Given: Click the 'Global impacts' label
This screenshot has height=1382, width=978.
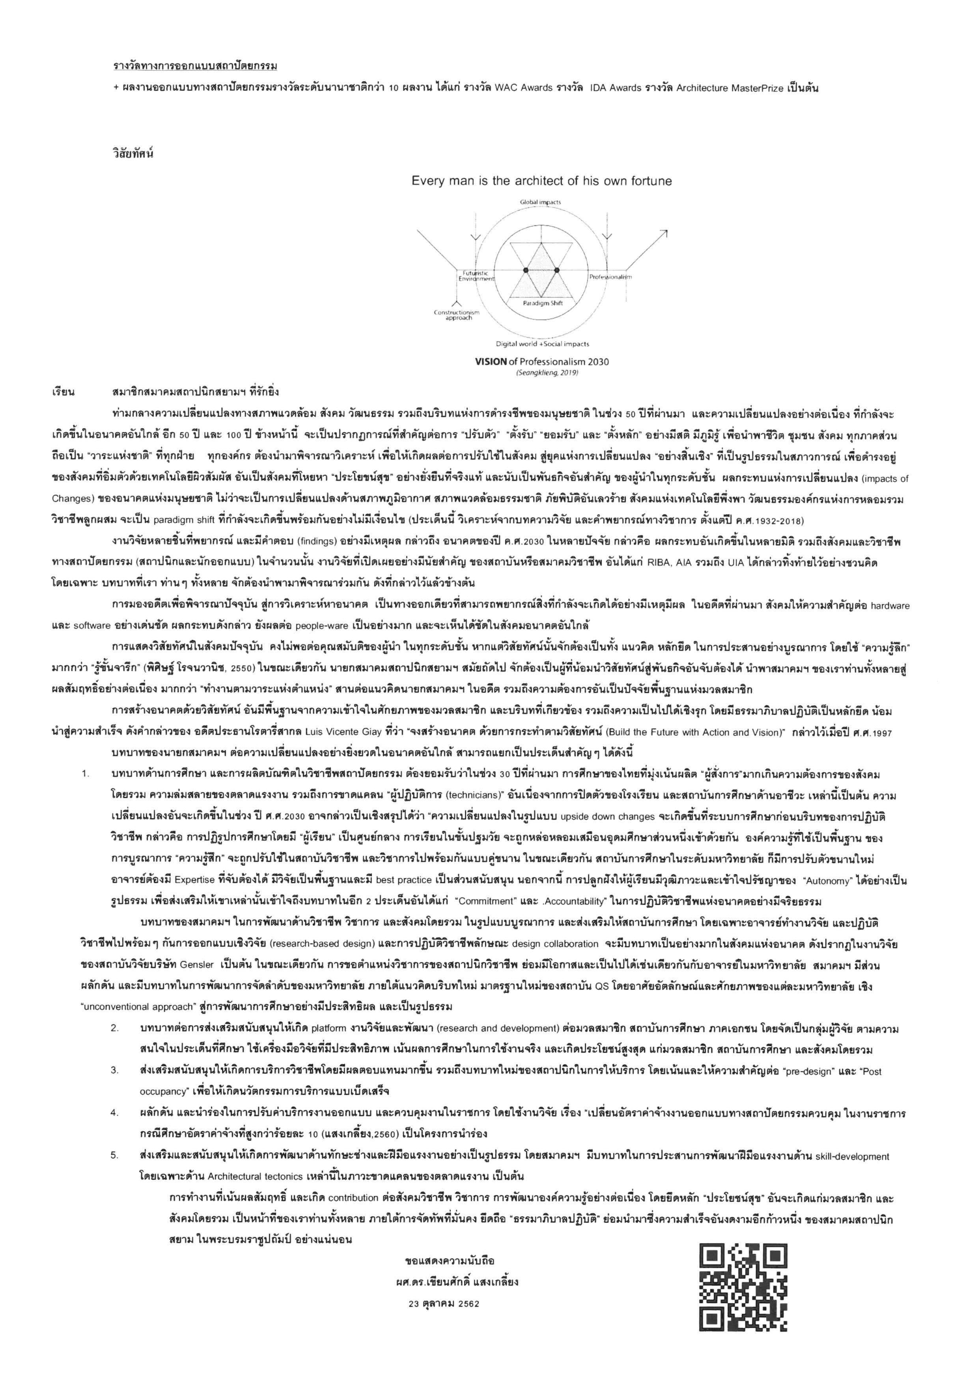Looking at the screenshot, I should (x=540, y=202).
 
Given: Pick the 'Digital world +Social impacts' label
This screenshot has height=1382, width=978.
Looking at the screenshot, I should (x=542, y=344).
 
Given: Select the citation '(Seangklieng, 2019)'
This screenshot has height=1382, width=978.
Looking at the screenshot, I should (x=542, y=373).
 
